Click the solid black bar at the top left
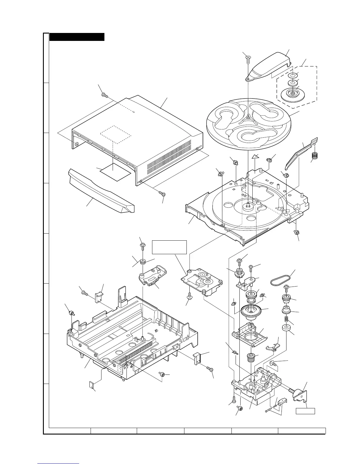click(77, 37)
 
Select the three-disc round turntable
click(249, 124)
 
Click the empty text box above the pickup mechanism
click(169, 247)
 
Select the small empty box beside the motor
click(305, 411)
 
